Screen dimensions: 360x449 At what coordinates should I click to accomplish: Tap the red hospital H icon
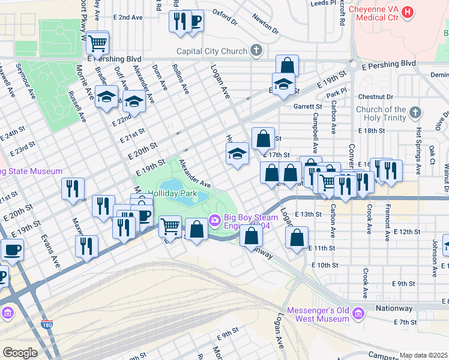(408, 11)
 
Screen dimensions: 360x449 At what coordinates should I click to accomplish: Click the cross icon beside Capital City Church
(256, 50)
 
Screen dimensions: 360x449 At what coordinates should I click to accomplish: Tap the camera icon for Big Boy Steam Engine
(214, 221)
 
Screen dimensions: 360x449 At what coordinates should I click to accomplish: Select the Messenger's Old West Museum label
(318, 314)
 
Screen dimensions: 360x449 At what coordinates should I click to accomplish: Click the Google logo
(20, 353)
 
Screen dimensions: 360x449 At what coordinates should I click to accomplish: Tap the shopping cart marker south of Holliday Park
(170, 226)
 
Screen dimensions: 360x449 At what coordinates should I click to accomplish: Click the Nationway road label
(394, 308)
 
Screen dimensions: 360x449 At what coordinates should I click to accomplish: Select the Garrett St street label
(308, 106)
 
